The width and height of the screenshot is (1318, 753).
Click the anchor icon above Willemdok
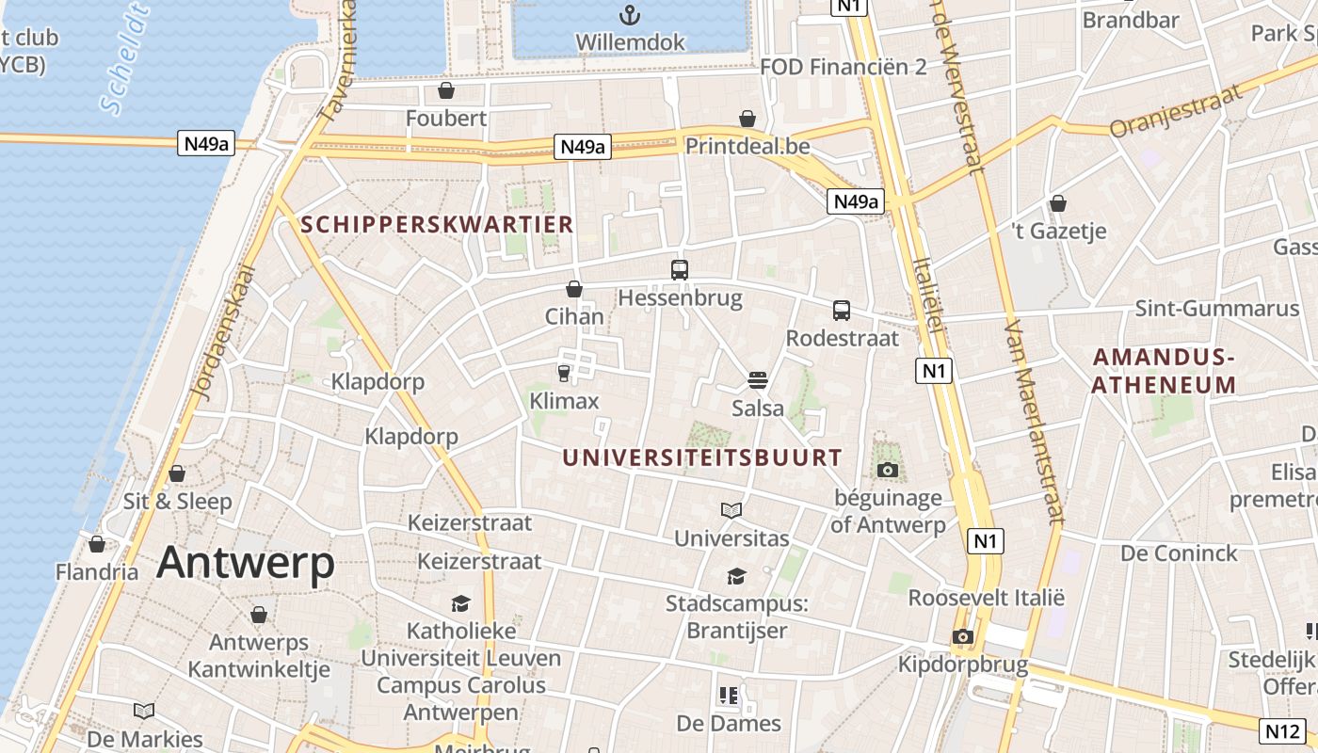pos(629,15)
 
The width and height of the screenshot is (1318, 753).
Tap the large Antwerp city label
pos(246,563)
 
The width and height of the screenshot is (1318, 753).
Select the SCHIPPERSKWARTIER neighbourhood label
pos(437,224)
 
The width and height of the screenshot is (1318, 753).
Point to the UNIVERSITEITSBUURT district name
pos(702,458)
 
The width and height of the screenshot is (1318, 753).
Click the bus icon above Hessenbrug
pos(680,270)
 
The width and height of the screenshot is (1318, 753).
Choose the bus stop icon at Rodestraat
pos(842,310)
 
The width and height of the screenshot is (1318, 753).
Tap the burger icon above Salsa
pos(758,380)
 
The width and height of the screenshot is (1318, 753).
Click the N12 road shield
pos(1281,729)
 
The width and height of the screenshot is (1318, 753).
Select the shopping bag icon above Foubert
pos(446,90)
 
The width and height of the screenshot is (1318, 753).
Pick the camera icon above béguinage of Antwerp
pos(887,470)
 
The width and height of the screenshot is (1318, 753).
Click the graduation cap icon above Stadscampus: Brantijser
pos(736,576)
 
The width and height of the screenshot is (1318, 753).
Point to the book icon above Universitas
pos(731,510)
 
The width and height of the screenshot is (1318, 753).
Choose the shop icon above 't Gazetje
pos(1058,203)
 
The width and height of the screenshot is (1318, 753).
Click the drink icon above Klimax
pos(564,374)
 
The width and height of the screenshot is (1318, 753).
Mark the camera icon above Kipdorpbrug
pos(962,636)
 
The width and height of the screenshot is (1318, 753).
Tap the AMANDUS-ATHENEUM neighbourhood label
pos(1164,371)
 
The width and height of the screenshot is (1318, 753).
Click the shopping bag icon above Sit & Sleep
pos(177,473)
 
